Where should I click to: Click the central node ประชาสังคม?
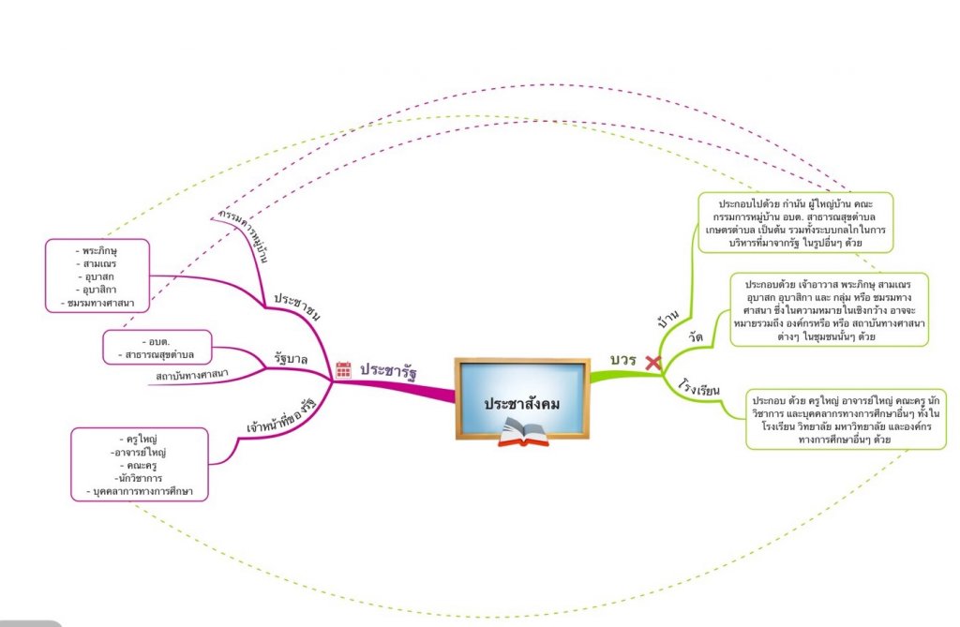(x=522, y=403)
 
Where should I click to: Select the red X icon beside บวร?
(x=652, y=362)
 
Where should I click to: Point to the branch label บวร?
(x=623, y=361)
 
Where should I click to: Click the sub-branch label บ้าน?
(x=669, y=321)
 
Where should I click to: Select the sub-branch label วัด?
(x=696, y=336)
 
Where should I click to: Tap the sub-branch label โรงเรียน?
(x=698, y=386)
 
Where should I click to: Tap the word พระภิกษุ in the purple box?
(x=100, y=251)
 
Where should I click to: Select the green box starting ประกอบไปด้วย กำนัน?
(x=795, y=222)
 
